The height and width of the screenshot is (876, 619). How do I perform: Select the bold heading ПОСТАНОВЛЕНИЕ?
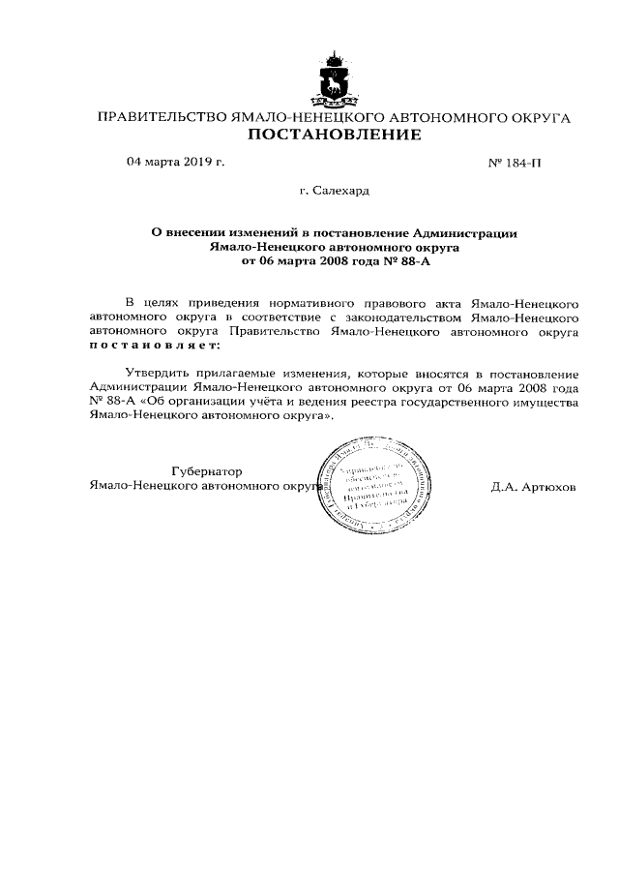tap(335, 135)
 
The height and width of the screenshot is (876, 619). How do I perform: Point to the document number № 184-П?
tap(515, 163)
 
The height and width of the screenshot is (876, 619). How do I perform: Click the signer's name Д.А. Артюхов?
tap(533, 487)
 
